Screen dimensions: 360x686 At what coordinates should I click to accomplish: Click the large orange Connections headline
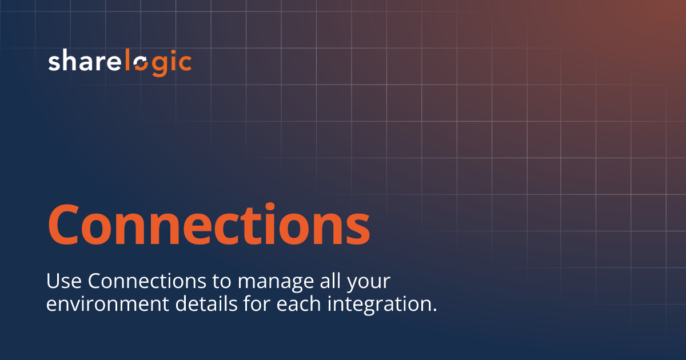(209, 224)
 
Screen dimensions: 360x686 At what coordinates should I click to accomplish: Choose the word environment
(107, 304)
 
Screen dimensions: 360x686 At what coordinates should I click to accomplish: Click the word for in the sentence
(254, 303)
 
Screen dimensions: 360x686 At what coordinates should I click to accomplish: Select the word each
(298, 303)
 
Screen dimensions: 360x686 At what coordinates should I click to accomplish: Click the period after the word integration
(433, 310)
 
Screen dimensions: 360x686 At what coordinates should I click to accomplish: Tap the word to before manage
(222, 282)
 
